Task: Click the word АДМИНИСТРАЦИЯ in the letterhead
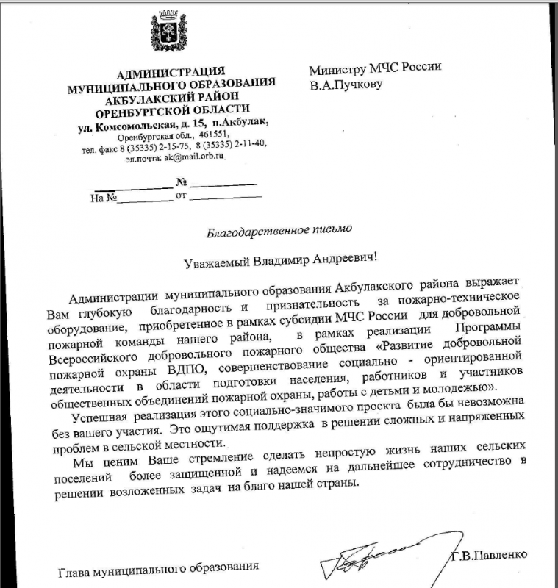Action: pos(171,71)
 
